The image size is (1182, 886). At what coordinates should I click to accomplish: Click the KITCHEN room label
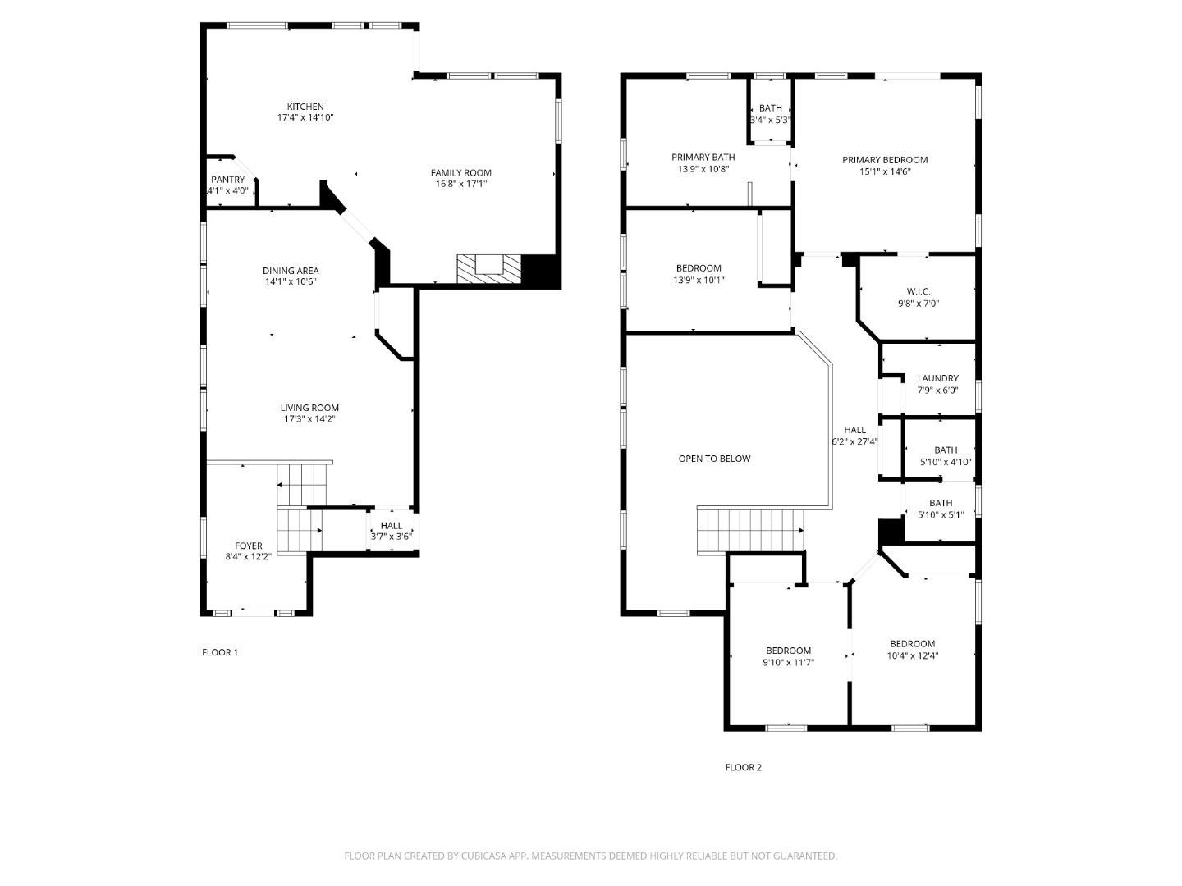coord(305,107)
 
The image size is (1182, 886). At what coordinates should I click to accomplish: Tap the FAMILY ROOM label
coord(460,172)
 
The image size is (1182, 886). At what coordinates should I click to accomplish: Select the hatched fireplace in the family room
coord(489,268)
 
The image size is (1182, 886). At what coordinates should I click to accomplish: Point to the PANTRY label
coord(227,180)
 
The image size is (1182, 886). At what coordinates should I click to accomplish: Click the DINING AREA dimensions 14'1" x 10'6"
coord(290,281)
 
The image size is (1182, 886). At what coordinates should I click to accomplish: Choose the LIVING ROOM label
coord(309,408)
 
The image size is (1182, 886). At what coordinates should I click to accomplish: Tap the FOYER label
coord(249,546)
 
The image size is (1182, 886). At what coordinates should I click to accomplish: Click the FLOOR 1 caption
coord(220,652)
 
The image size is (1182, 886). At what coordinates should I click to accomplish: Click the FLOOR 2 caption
coord(743,767)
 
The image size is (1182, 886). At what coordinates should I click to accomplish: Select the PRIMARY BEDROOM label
coord(885,160)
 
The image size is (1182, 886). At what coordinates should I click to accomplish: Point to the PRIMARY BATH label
coord(703,157)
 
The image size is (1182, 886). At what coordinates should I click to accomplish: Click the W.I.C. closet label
coord(919,291)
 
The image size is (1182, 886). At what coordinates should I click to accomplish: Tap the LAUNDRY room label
coord(937,378)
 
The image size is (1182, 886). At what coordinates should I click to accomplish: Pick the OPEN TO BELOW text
coord(714,459)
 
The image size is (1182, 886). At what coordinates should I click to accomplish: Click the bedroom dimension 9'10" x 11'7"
coord(788,662)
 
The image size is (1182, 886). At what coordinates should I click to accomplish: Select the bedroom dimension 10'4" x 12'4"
coord(912,655)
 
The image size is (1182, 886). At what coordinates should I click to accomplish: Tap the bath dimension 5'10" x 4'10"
coord(946,462)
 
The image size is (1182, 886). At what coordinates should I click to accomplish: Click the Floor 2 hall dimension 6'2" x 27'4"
coord(854,441)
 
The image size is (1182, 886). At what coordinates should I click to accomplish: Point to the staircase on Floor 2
coord(750,529)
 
